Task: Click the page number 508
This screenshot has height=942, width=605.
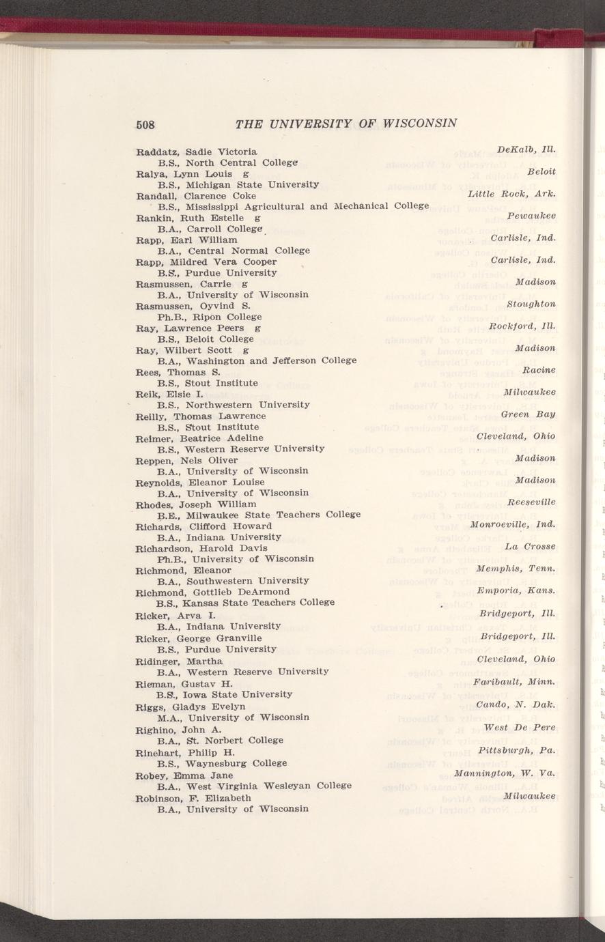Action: coord(145,124)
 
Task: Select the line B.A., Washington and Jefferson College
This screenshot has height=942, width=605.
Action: coord(257,360)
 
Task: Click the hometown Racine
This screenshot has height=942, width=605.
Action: coord(539,370)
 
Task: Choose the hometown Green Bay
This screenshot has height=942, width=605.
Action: coord(528,414)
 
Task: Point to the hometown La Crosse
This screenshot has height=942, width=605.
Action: coord(530,546)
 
